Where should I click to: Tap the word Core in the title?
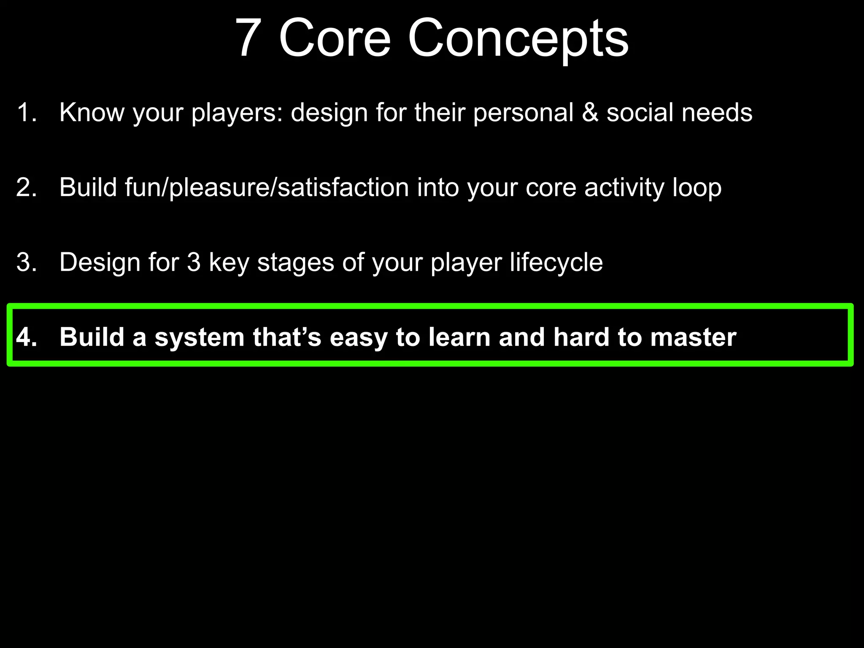pos(335,39)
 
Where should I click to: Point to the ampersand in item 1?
pos(590,113)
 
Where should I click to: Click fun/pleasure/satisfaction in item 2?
pos(267,188)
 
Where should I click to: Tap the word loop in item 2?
pos(697,188)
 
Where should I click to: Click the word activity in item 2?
pos(624,188)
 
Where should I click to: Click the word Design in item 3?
pos(100,263)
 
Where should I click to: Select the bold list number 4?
pos(26,337)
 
